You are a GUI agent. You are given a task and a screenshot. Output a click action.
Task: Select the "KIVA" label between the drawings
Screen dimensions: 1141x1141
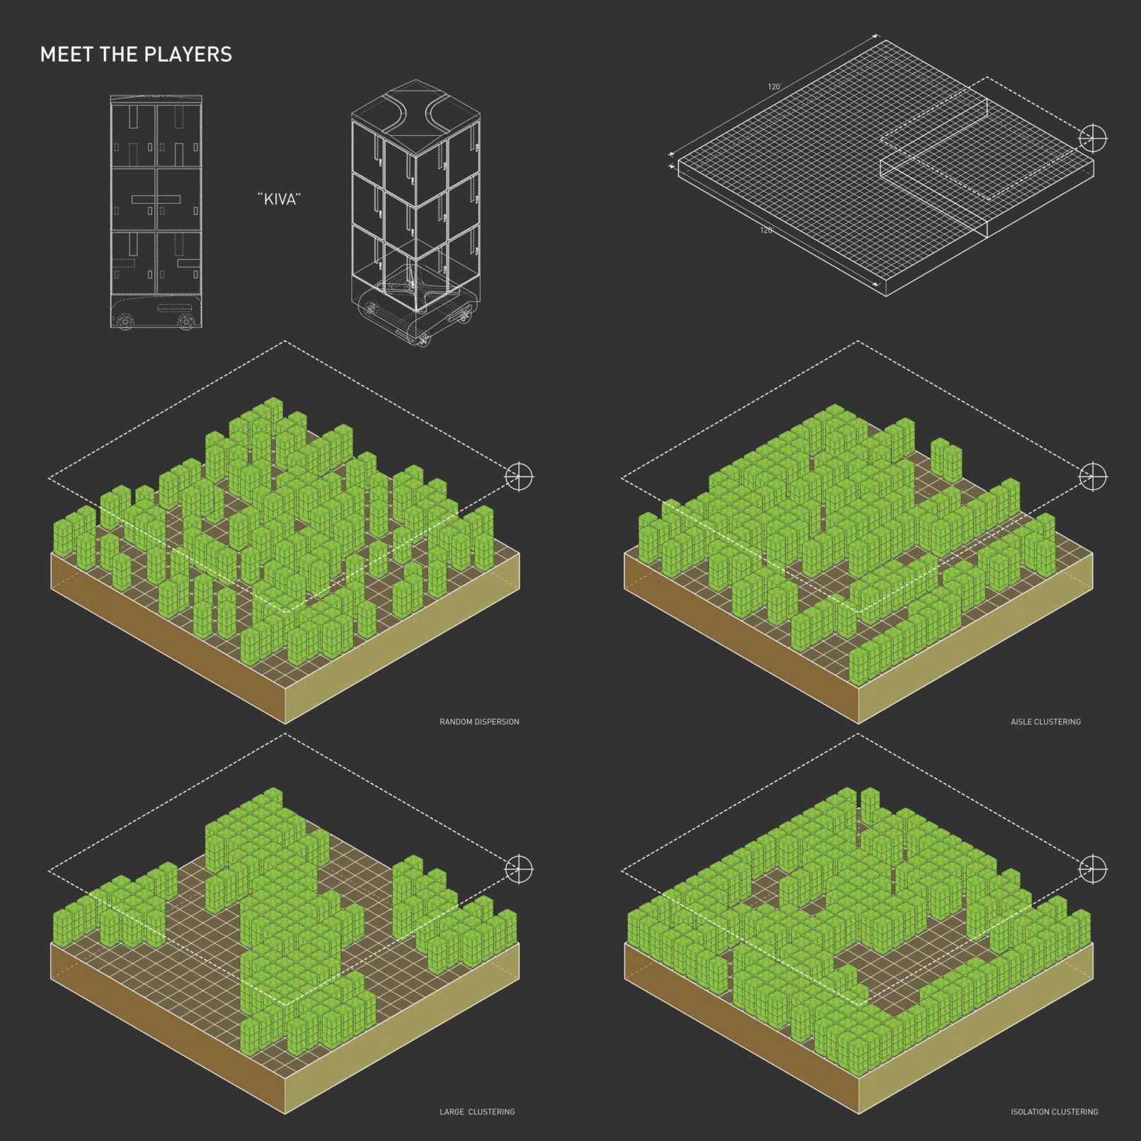[280, 199]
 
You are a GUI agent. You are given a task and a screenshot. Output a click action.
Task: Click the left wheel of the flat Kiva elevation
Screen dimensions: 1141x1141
[125, 322]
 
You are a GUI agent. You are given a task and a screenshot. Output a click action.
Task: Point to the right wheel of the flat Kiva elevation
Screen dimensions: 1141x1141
[187, 322]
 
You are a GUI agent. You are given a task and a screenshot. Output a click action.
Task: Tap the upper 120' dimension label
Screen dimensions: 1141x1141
[774, 87]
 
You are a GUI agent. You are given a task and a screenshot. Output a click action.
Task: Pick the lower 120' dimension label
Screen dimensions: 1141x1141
[767, 230]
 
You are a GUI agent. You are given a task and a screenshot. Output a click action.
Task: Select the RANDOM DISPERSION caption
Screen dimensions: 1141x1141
[479, 722]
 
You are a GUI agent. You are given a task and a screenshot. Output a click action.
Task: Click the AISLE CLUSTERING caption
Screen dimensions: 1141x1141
[1045, 722]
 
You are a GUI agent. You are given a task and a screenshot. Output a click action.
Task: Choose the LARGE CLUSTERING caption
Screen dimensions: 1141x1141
[477, 1112]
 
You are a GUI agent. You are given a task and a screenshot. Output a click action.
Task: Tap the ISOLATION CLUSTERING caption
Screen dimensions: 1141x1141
[1055, 1112]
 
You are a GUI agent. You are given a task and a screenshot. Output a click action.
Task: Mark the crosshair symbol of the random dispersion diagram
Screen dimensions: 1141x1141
[519, 476]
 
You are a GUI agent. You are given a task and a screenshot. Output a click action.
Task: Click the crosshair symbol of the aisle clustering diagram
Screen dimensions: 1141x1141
[1092, 476]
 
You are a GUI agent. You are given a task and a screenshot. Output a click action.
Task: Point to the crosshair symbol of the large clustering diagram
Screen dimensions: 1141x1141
[519, 868]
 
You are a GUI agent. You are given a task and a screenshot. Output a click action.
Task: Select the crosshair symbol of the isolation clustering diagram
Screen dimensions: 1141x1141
[1092, 868]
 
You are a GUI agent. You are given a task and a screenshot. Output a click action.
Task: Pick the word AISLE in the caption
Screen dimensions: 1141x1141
[1021, 722]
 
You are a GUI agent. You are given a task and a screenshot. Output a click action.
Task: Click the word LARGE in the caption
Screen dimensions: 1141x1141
[452, 1112]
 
